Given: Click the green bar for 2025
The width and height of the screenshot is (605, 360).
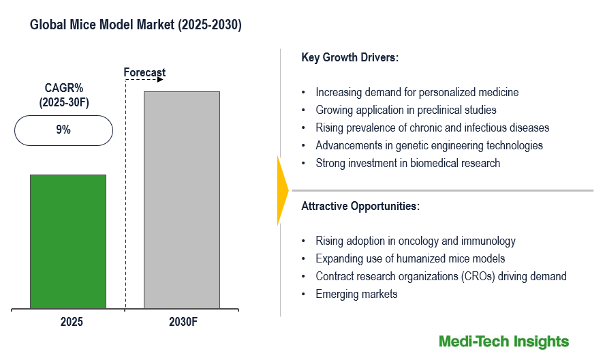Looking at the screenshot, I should tap(68, 241).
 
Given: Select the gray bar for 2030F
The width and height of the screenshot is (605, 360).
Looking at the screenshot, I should tap(182, 200).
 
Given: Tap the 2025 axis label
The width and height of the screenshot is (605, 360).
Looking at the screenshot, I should tap(68, 321).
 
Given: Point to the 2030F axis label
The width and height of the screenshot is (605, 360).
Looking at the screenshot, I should tap(182, 321).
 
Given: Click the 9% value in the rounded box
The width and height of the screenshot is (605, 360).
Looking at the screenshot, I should tap(63, 130).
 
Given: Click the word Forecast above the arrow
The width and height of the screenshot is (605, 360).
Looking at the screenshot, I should tap(144, 72).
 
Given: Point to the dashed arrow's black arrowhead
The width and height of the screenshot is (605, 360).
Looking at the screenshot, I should tap(160, 79).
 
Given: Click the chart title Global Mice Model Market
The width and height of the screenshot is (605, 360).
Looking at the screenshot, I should tap(136, 25).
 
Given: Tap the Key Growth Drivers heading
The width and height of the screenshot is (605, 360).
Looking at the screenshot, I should tap(350, 58).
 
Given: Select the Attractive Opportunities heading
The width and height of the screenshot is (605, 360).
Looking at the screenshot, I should tap(360, 205).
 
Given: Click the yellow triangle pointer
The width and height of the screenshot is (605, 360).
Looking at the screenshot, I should tap(282, 190).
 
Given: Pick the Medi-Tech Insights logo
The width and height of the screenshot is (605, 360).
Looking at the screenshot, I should tap(503, 341).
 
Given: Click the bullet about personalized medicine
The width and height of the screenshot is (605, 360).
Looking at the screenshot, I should tap(417, 92).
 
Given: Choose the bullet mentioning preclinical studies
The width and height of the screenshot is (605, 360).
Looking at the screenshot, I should tap(406, 110).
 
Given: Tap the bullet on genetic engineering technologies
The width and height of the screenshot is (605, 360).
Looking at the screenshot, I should tap(429, 145).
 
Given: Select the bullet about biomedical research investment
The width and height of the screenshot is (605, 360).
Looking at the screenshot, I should tap(407, 163).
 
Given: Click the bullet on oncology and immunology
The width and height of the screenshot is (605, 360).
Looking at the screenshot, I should tap(416, 241).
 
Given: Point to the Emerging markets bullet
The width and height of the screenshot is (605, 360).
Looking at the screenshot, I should tap(356, 294).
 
